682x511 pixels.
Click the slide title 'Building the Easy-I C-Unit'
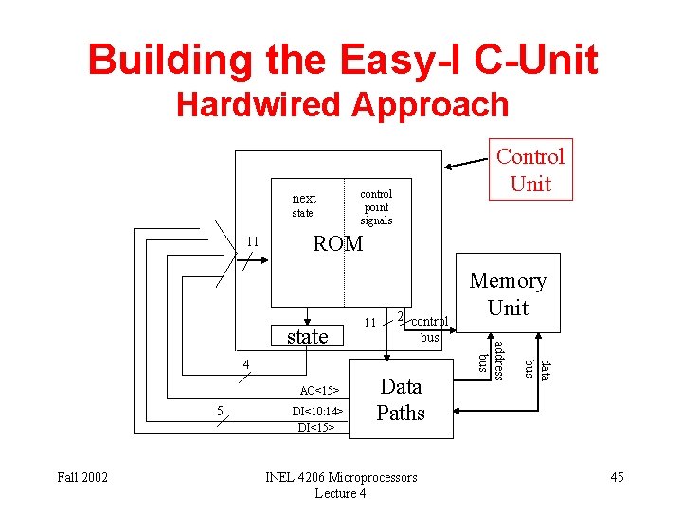(342, 61)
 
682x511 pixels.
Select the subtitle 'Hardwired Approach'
(342, 104)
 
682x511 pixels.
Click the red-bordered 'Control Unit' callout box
(530, 170)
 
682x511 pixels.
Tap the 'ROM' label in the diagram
(338, 244)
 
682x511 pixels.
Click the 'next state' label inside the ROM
(304, 204)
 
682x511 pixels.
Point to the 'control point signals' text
(376, 207)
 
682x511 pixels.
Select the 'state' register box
(307, 336)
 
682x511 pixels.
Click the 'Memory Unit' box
(508, 293)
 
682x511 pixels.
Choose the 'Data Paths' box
(401, 399)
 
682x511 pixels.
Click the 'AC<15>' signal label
(320, 390)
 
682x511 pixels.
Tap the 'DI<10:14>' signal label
(320, 412)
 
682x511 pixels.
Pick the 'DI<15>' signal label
(318, 428)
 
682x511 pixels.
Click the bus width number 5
(220, 411)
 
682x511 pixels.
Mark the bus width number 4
(244, 364)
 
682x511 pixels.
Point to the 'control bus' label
(429, 328)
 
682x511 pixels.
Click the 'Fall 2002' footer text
(83, 477)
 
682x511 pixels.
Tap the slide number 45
(617, 477)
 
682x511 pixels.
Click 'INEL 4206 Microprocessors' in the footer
(341, 477)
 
